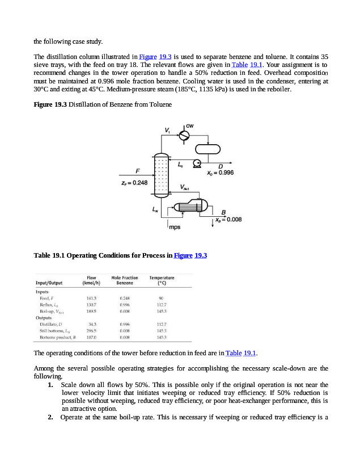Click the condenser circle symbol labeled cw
184,135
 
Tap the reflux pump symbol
197,163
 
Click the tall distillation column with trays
161,176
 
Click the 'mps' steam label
175,228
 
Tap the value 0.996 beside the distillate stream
221,173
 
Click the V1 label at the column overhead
167,131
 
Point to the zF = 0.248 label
134,183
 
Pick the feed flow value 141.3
91,297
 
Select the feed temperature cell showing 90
162,297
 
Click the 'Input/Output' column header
49,282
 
